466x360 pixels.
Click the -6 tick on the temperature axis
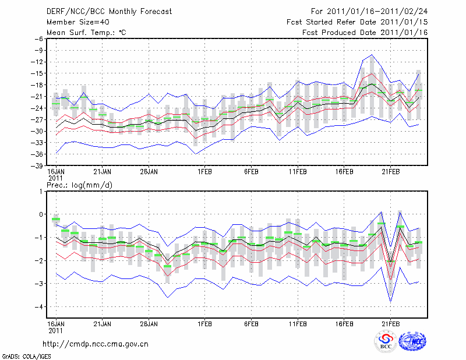coord(40,38)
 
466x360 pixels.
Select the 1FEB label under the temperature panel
coord(204,172)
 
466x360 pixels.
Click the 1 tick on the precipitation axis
coord(41,191)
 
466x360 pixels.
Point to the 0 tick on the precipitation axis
coord(41,214)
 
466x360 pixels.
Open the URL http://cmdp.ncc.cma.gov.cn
coord(96,344)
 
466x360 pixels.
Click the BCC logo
coord(386,342)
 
